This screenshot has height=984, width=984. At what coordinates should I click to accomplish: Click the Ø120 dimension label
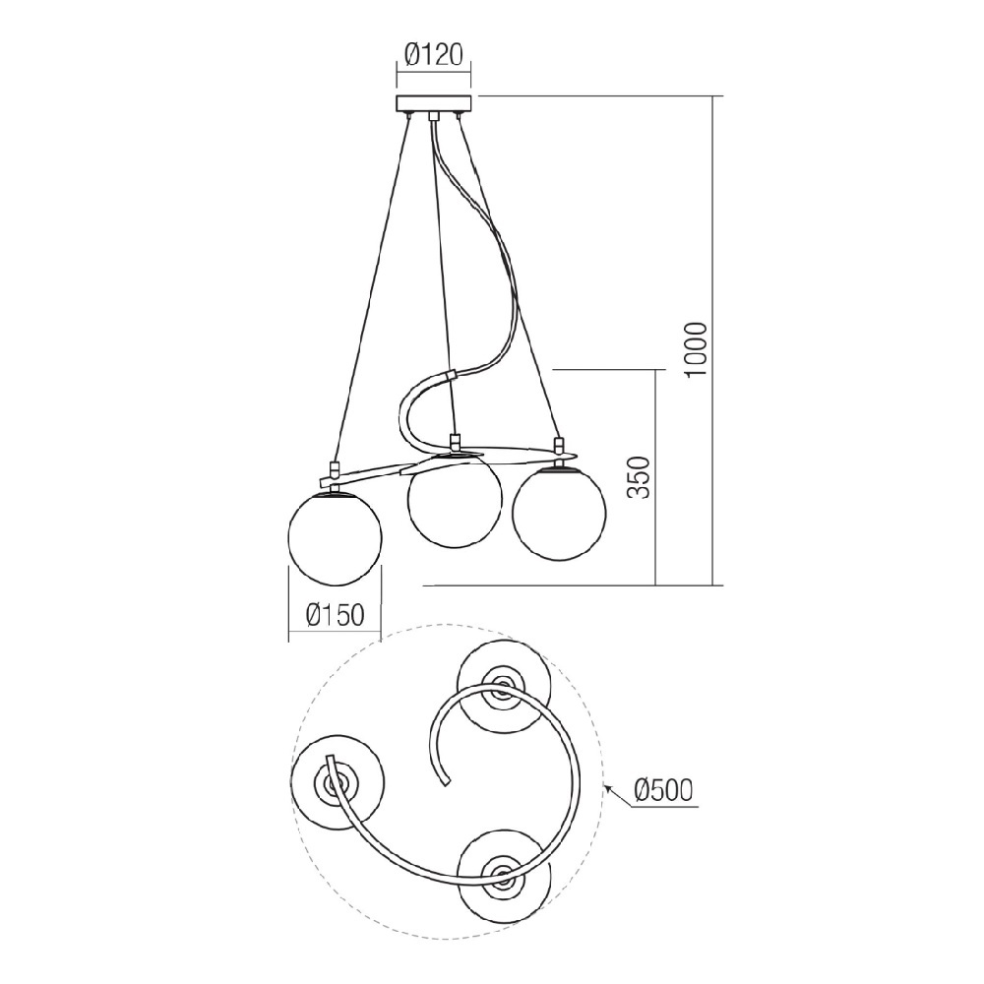(x=434, y=55)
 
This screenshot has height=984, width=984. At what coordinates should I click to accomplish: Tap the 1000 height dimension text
(x=697, y=349)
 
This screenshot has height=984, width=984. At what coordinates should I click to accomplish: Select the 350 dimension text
(x=640, y=477)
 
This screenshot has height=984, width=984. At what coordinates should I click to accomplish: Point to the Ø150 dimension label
(x=336, y=615)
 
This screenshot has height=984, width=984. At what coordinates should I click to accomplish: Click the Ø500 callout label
(x=663, y=790)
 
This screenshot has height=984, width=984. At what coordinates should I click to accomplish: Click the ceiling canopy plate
(x=434, y=103)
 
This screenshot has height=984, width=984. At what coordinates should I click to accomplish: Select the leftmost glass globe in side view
(x=335, y=538)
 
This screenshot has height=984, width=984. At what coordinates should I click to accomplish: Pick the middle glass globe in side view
(x=455, y=500)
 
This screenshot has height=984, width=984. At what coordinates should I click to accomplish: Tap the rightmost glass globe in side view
(x=559, y=512)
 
